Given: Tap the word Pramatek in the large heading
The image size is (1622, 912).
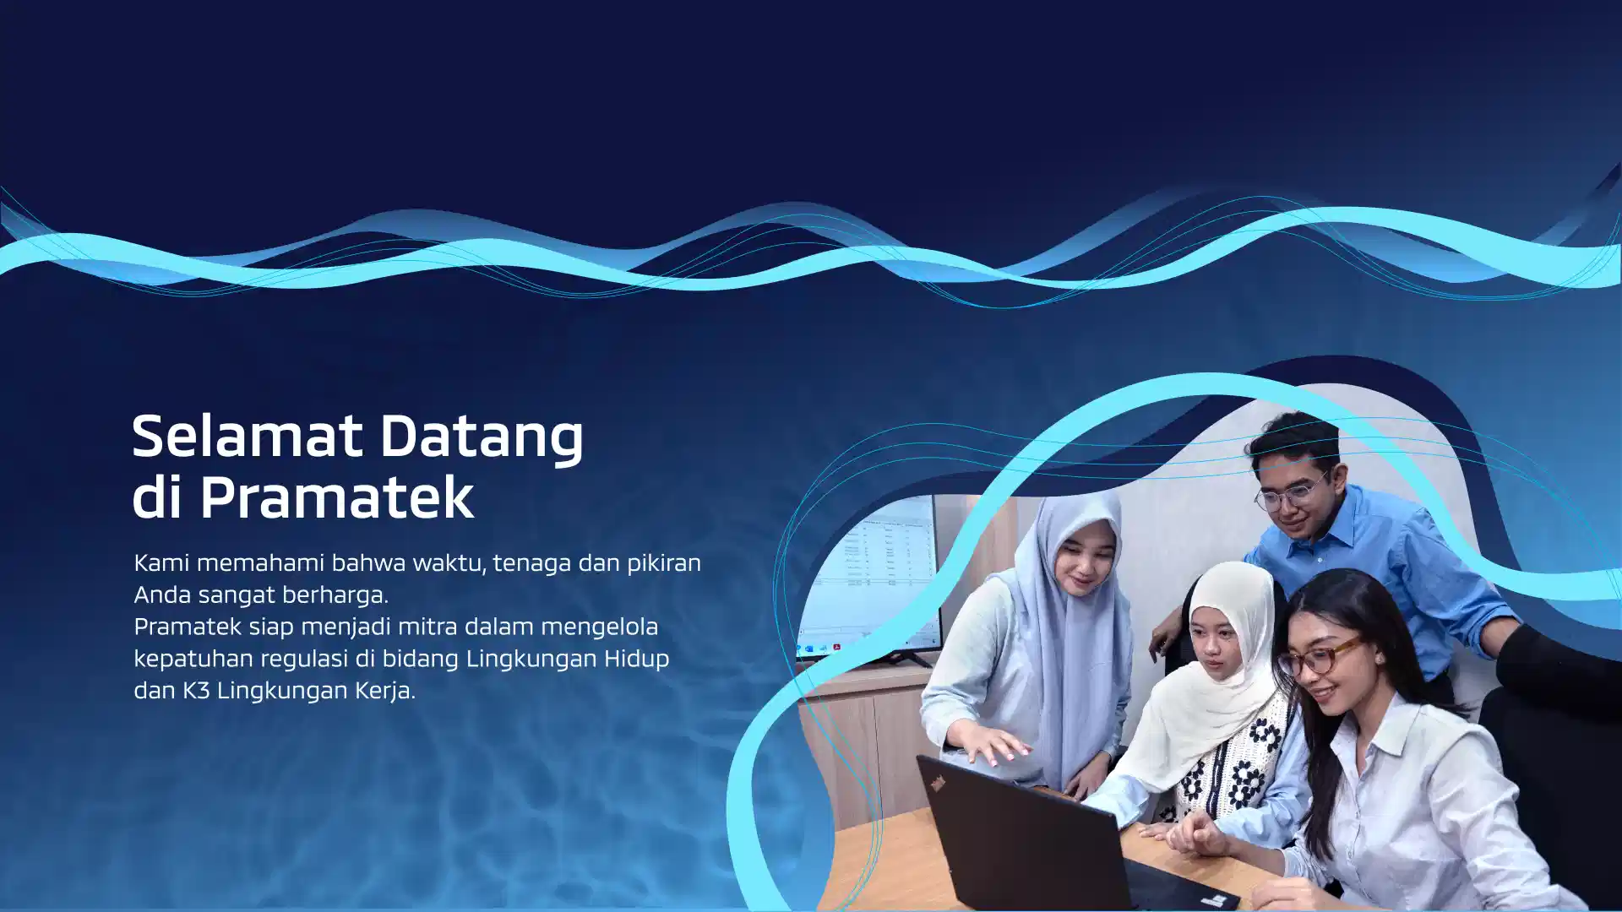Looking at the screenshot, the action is pyautogui.click(x=337, y=497).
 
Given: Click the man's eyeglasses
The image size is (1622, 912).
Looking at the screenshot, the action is pyautogui.click(x=1288, y=493).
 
